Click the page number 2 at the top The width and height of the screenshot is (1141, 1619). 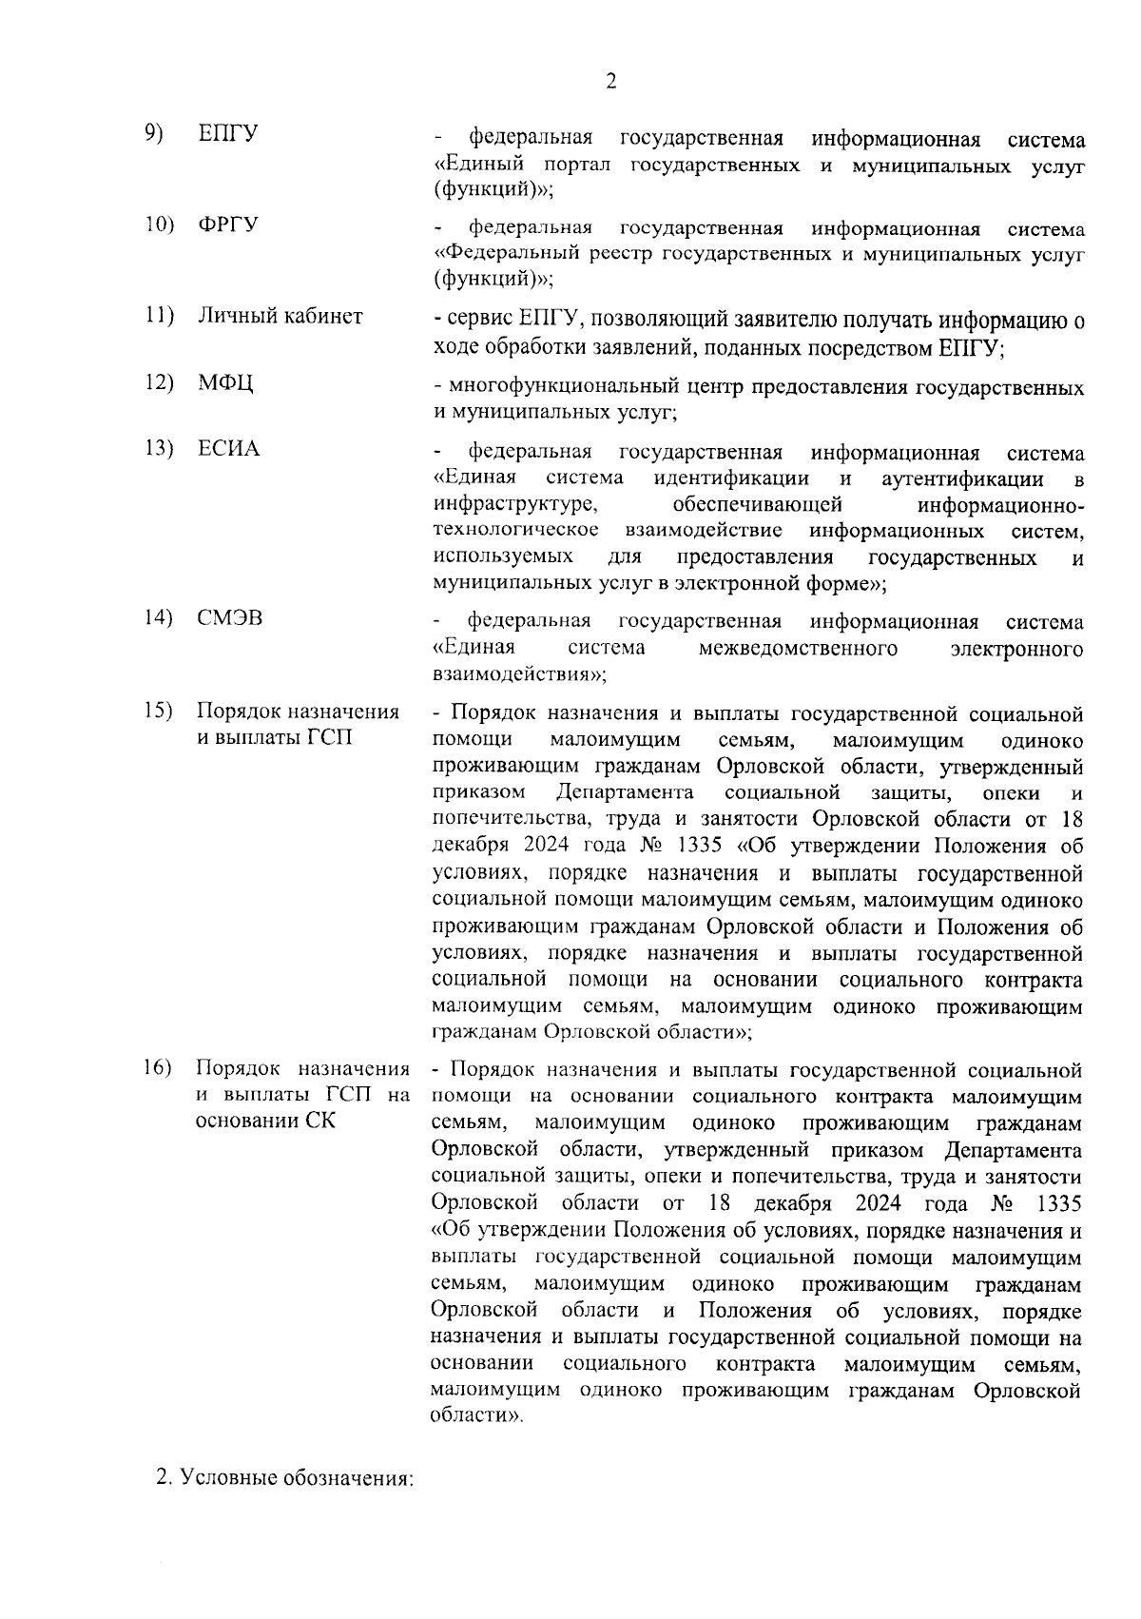click(x=610, y=80)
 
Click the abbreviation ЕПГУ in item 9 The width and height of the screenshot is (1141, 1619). click(x=228, y=134)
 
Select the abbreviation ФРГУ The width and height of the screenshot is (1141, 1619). click(x=228, y=225)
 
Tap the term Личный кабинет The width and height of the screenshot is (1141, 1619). click(x=280, y=316)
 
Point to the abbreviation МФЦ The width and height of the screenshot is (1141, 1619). click(x=225, y=383)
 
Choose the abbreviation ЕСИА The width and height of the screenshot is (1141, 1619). click(x=228, y=449)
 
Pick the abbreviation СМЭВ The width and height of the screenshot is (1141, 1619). click(x=229, y=618)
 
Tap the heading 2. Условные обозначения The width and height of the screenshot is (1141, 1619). click(x=285, y=1479)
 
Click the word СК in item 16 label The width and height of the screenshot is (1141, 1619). click(x=320, y=1121)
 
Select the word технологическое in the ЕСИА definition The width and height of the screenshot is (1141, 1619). click(x=514, y=529)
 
